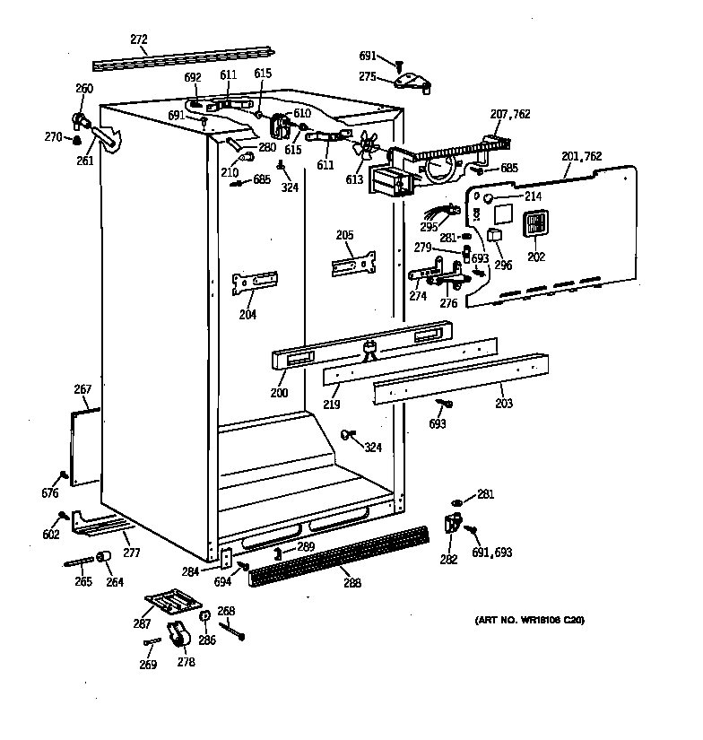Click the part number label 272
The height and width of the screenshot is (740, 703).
click(x=139, y=40)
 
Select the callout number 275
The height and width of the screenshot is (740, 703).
click(x=367, y=78)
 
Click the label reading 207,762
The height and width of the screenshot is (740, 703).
click(x=509, y=114)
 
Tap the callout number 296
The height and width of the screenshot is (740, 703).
click(x=503, y=266)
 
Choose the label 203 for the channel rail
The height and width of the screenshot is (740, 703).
click(x=504, y=404)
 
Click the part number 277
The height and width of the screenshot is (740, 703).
click(x=131, y=553)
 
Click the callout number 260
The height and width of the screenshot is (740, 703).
click(x=84, y=88)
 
